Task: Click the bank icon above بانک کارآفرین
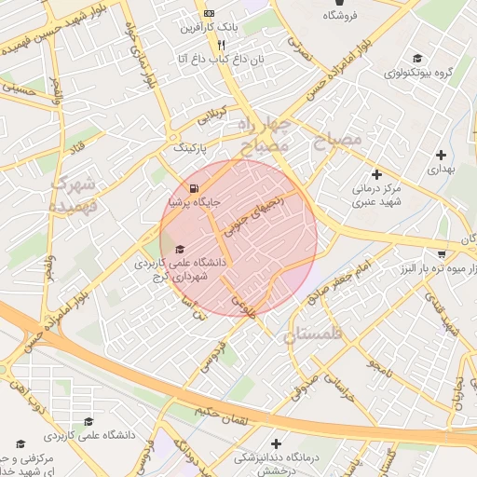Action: pyautogui.click(x=208, y=13)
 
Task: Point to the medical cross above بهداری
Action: pyautogui.click(x=439, y=154)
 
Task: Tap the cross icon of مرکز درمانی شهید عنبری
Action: pyautogui.click(x=376, y=173)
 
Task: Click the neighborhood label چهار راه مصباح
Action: pyautogui.click(x=264, y=135)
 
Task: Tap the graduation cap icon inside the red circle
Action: pyautogui.click(x=180, y=249)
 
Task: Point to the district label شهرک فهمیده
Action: pyautogui.click(x=75, y=192)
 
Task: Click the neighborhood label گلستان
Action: pyautogui.click(x=313, y=334)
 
